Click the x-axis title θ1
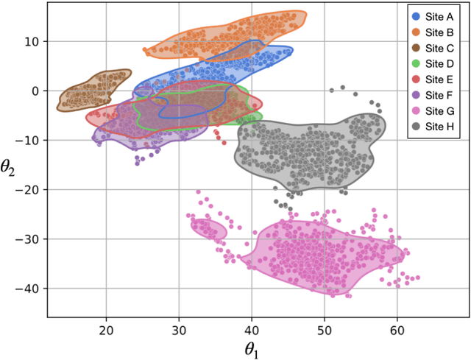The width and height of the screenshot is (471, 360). pyautogui.click(x=258, y=347)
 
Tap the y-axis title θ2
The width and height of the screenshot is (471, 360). pyautogui.click(x=10, y=168)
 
